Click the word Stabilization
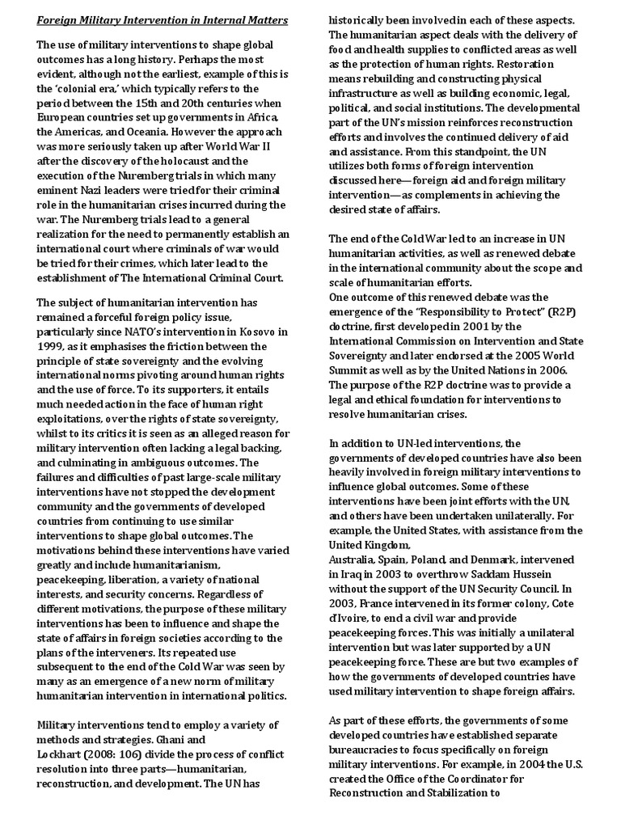tap(458, 793)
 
